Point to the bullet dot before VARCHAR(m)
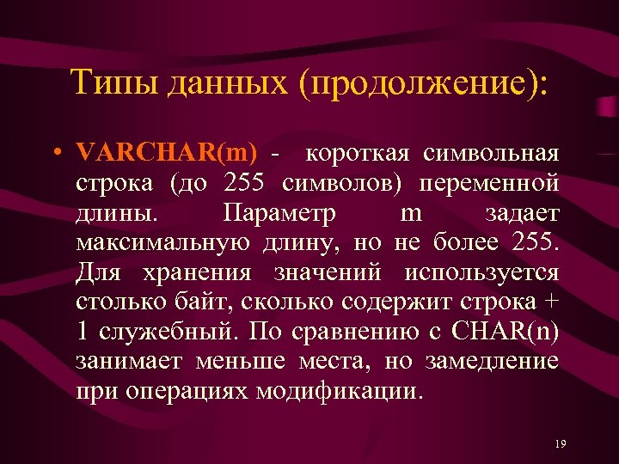[54, 155]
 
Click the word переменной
[491, 184]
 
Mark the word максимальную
[163, 243]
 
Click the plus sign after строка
[552, 302]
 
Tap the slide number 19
[561, 443]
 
